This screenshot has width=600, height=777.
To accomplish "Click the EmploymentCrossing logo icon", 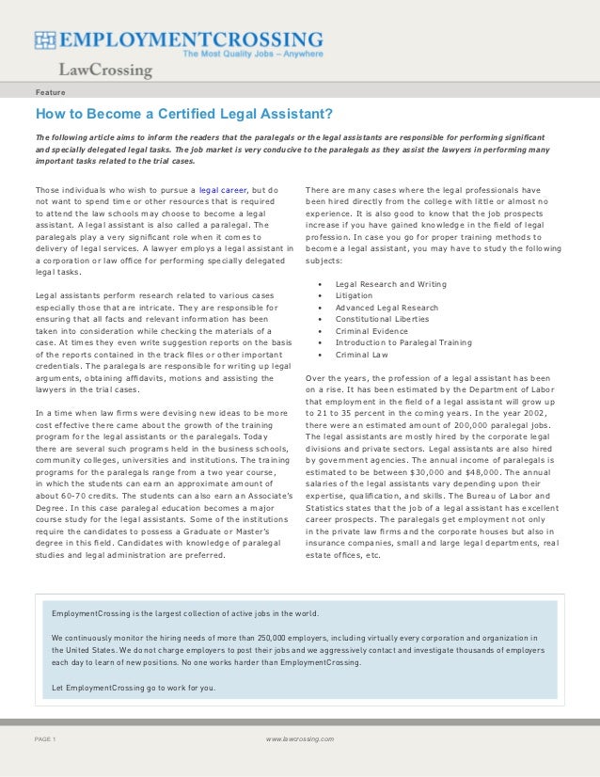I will (x=47, y=40).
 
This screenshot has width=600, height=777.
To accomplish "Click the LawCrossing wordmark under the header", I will (x=105, y=71).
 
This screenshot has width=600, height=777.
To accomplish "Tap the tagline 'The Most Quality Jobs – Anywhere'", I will (x=252, y=55).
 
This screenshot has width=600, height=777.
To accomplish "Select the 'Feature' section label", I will (x=51, y=93).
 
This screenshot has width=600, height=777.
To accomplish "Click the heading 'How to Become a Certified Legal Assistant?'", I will (x=184, y=115).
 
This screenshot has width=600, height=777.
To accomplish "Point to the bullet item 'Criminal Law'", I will (x=362, y=355).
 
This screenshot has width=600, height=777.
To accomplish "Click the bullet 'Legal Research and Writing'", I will (x=390, y=284).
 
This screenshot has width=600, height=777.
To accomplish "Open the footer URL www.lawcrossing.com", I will (x=299, y=739).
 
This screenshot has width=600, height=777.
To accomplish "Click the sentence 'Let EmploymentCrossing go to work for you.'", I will (x=134, y=688).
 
